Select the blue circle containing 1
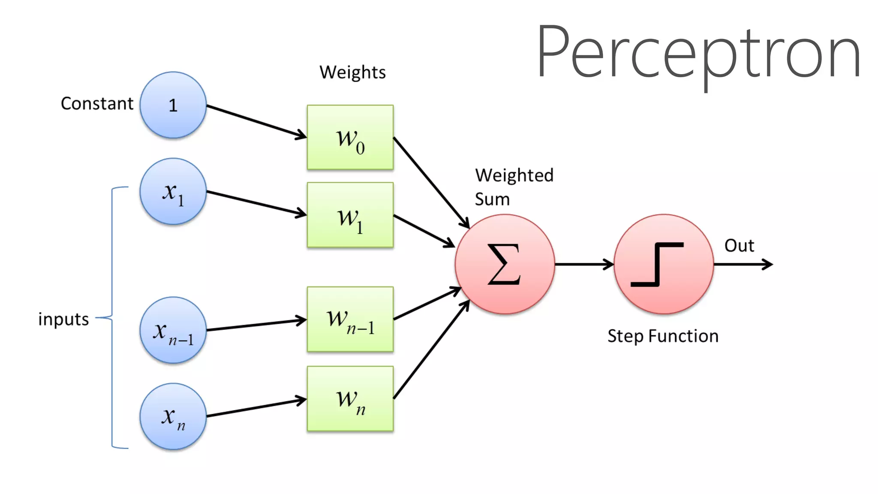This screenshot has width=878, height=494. pos(173,105)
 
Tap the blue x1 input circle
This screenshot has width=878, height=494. pos(173,192)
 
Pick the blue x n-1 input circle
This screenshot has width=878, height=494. pos(173,330)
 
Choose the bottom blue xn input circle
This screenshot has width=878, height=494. pos(173,416)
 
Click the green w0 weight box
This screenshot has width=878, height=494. pos(350,137)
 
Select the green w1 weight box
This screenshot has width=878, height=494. pos(350,215)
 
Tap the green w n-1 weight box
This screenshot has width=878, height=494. pos(350,319)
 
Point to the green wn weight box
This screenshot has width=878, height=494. pos(350,399)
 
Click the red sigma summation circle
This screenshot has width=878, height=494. pos(505,264)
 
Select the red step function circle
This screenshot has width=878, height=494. pos(664,264)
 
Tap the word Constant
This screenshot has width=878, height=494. pos(97,104)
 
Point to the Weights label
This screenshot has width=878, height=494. pos(352,72)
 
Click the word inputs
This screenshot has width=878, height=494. pos(63,319)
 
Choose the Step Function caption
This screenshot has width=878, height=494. pos(663,336)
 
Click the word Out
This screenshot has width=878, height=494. pos(739,246)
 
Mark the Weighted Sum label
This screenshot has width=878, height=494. pos(514,187)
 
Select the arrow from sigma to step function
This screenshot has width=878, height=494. pos(584,264)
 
